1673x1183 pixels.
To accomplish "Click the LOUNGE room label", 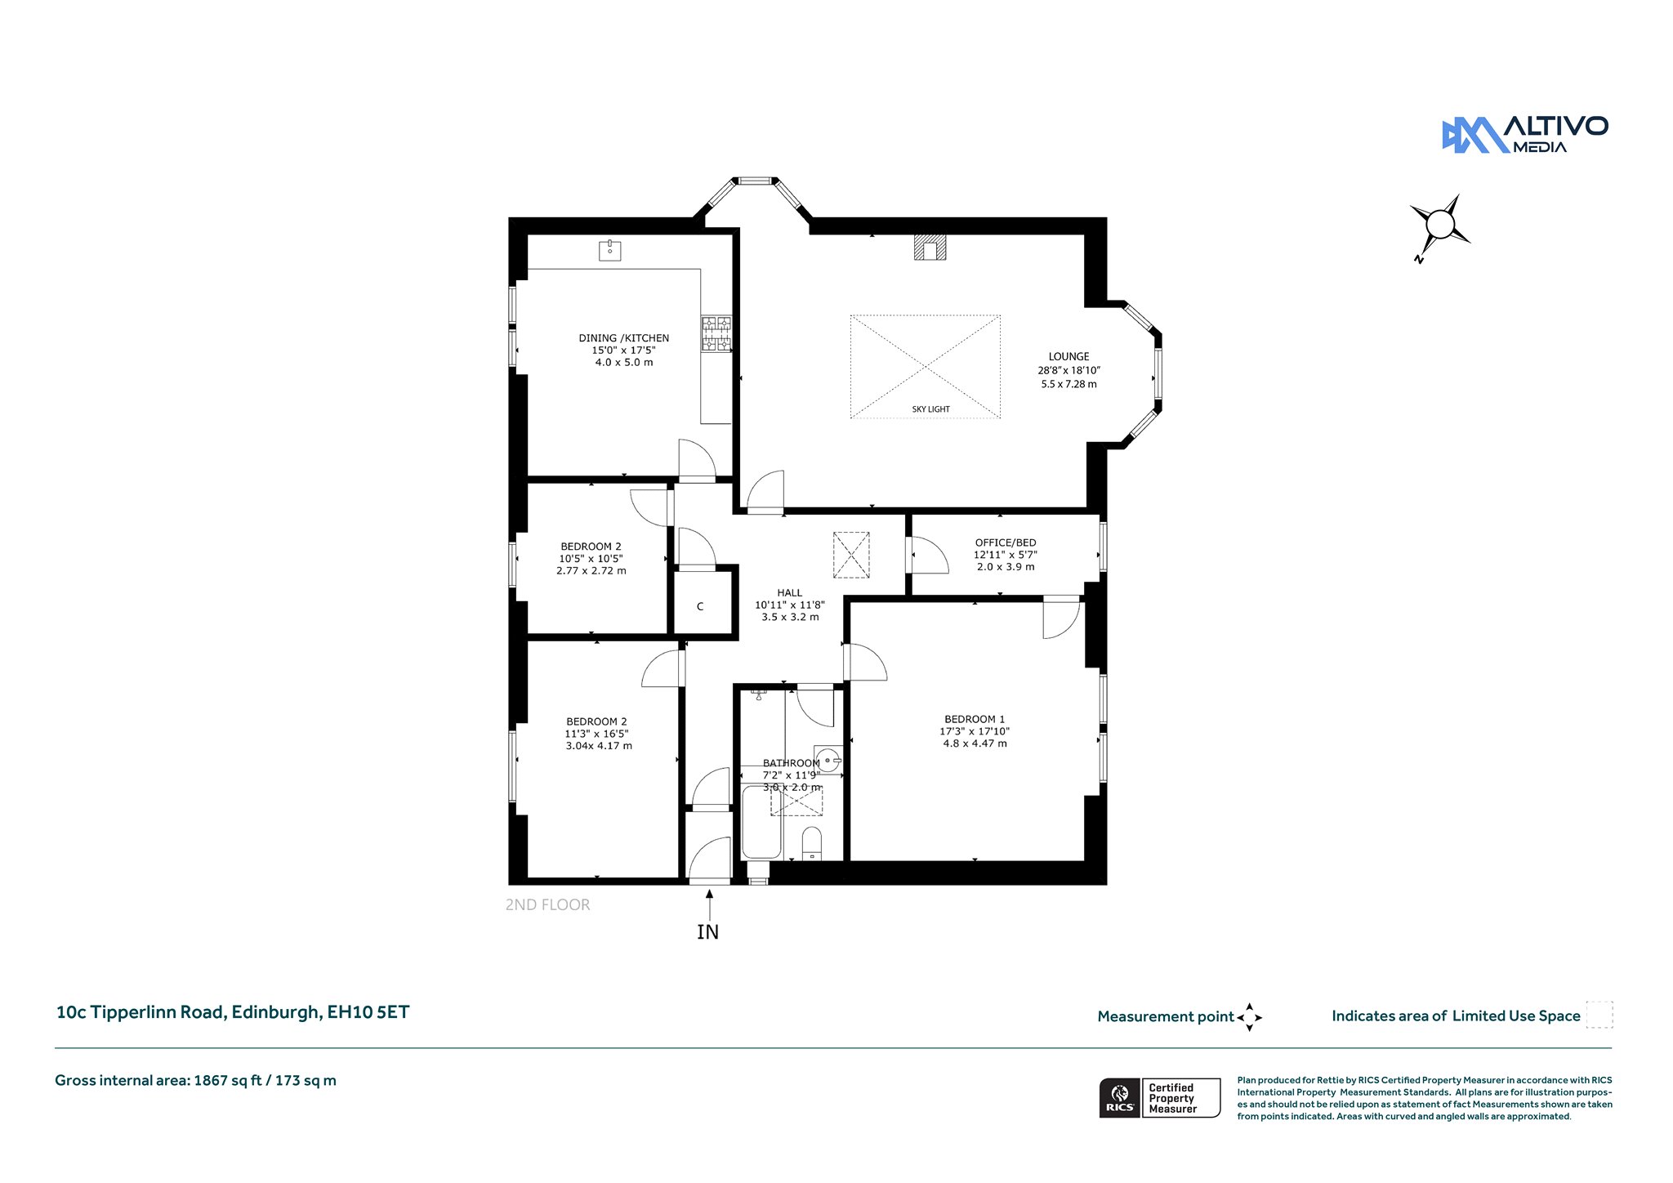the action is pyautogui.click(x=1068, y=357).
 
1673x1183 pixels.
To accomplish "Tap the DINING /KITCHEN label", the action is pyautogui.click(x=624, y=338).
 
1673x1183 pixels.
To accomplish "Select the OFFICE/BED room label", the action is pyautogui.click(x=1005, y=542).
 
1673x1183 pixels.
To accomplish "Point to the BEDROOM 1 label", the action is pyautogui.click(x=975, y=720).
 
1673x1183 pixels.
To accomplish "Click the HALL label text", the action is pyautogui.click(x=790, y=593).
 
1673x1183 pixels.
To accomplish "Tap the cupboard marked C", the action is pyautogui.click(x=700, y=607).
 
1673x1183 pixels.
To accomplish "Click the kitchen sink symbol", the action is pyautogui.click(x=609, y=250).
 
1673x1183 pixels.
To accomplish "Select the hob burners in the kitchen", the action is pyautogui.click(x=716, y=334).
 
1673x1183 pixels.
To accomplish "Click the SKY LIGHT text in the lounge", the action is pyautogui.click(x=931, y=409).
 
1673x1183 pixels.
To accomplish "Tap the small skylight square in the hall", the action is pyautogui.click(x=851, y=555).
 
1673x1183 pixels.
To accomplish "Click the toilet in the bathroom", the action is pyautogui.click(x=812, y=843).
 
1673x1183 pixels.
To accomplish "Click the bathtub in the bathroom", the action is pyautogui.click(x=761, y=822).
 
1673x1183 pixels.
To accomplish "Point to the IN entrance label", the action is pyautogui.click(x=708, y=931).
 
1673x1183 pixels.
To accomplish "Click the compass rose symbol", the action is pyautogui.click(x=1440, y=224).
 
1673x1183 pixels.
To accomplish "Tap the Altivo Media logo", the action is pyautogui.click(x=1525, y=134).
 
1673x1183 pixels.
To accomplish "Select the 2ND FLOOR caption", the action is pyautogui.click(x=547, y=904).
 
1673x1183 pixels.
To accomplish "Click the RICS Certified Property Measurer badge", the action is pyautogui.click(x=1160, y=1098).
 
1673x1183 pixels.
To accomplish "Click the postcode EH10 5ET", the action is pyautogui.click(x=368, y=1012).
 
